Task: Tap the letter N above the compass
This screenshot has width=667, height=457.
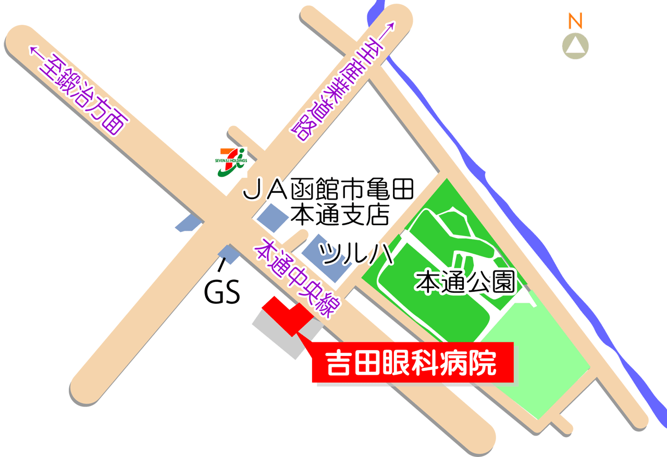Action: pyautogui.click(x=575, y=21)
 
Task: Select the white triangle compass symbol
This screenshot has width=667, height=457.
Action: pyautogui.click(x=575, y=46)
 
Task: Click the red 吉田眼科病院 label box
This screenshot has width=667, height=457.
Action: pyautogui.click(x=413, y=363)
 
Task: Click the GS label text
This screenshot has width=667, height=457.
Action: pyautogui.click(x=221, y=293)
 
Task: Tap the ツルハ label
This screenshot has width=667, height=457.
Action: pyautogui.click(x=355, y=254)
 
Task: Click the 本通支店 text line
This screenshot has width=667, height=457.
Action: pyautogui.click(x=340, y=214)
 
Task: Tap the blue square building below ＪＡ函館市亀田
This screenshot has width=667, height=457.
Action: pyautogui.click(x=271, y=217)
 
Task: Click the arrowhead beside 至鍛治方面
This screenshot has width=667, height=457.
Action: pyautogui.click(x=34, y=51)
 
